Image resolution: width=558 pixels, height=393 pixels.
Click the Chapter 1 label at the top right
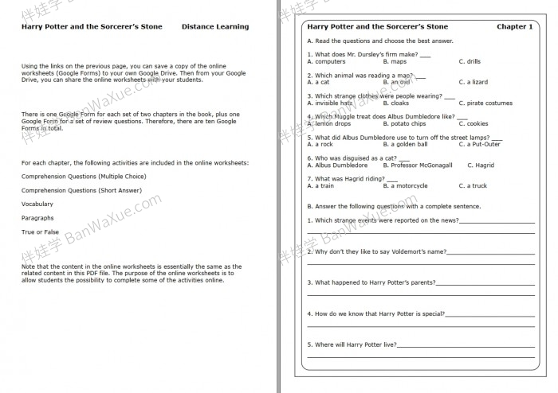pos(514,27)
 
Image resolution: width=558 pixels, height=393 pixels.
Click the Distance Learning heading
pos(214,27)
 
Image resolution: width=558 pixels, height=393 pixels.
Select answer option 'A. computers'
pos(326,61)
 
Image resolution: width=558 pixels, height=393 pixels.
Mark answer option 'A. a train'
pos(320,186)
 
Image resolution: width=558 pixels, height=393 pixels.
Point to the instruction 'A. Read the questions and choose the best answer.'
pos(379,41)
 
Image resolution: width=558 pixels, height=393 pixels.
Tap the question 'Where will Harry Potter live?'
pos(352,344)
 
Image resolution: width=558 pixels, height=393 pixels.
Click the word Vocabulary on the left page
pos(37,204)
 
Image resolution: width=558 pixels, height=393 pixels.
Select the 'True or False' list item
pos(40,232)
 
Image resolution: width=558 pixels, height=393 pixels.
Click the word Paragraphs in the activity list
pos(37,218)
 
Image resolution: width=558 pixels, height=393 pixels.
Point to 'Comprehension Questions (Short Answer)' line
pos(81,191)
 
